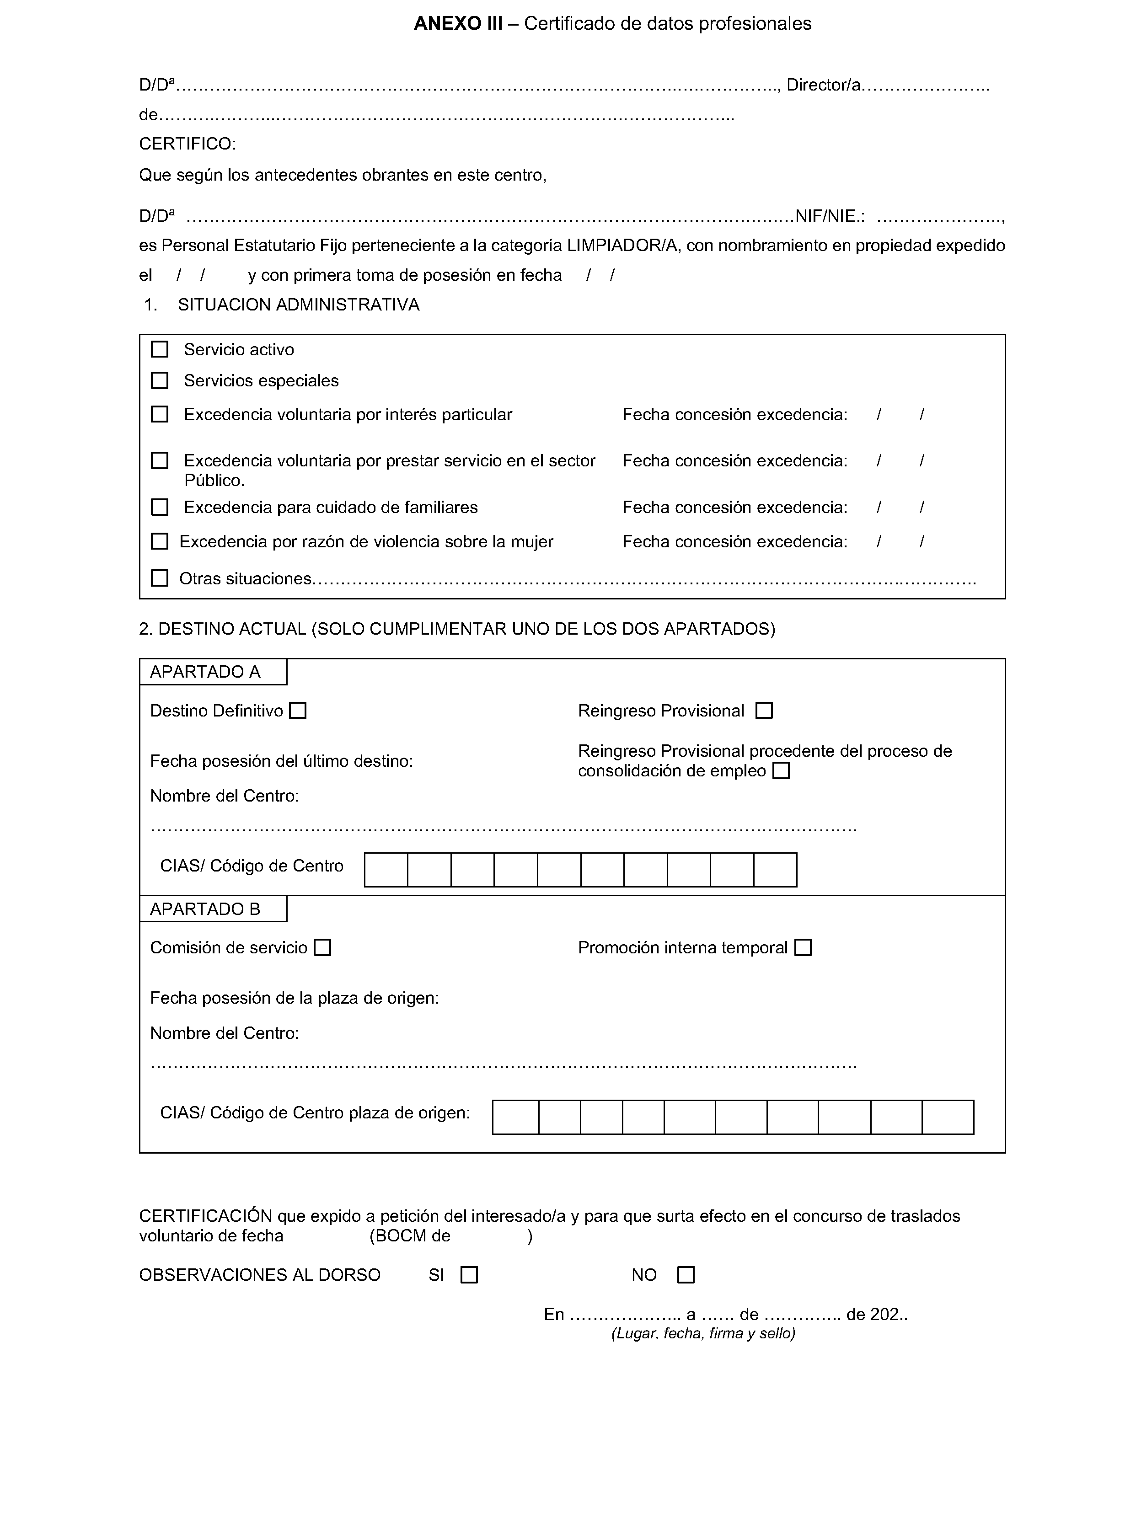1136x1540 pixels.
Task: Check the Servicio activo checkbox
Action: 160,349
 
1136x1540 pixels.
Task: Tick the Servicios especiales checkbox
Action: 160,380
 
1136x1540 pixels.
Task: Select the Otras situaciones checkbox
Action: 160,578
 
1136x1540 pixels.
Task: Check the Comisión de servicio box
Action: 322,948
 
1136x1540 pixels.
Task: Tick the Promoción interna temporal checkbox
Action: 803,948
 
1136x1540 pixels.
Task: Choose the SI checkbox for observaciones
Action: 469,1275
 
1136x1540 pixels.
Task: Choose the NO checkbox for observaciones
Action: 686,1275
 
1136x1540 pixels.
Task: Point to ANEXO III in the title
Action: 457,24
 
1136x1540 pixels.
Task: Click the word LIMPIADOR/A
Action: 622,246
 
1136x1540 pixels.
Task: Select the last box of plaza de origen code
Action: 948,1117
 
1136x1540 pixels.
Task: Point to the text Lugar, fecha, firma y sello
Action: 703,1334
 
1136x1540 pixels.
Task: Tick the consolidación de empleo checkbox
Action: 781,771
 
